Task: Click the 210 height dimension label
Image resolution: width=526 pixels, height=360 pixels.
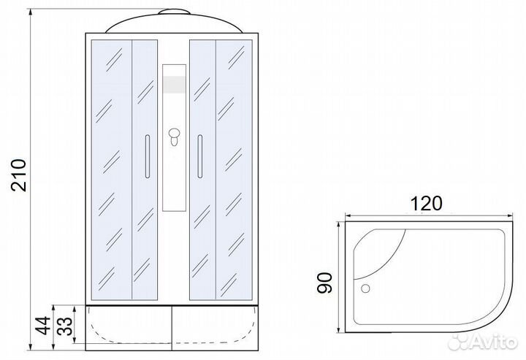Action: point(18,175)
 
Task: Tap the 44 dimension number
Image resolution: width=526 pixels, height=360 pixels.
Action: point(43,326)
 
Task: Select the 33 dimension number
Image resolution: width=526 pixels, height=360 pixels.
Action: point(64,326)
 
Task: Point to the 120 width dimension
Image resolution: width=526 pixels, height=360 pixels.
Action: point(427,204)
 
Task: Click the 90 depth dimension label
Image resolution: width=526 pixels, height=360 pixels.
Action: point(324,283)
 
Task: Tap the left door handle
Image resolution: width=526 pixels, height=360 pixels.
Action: point(148,156)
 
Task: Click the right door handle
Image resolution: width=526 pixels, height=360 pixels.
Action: point(200,156)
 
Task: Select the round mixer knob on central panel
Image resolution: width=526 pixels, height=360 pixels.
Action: point(174,134)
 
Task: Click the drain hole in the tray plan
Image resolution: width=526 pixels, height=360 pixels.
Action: point(365,288)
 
